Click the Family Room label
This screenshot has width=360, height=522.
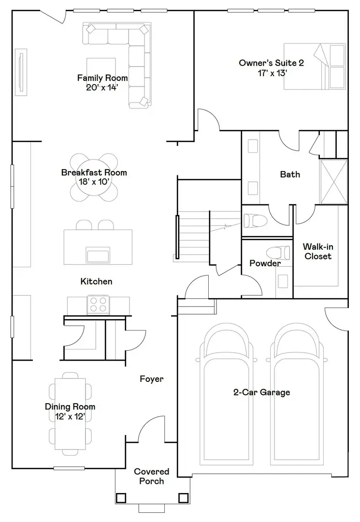(x=102, y=83)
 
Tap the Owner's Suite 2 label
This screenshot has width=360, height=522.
(x=272, y=68)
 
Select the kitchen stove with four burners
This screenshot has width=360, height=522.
(x=98, y=305)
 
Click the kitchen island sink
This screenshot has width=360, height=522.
(x=98, y=255)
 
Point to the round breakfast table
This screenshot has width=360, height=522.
(x=94, y=177)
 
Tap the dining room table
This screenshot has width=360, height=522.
(x=70, y=414)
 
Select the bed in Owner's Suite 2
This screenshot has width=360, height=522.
(x=315, y=66)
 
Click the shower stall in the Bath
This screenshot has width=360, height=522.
(x=333, y=182)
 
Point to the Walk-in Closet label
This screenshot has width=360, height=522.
(x=318, y=251)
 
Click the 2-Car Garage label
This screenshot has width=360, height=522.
(x=261, y=392)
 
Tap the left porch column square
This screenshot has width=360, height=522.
(x=120, y=498)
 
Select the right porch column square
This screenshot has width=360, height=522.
(x=183, y=498)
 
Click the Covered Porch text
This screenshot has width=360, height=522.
(x=151, y=476)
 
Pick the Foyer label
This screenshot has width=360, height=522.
(x=151, y=379)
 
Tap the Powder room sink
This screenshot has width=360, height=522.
(x=283, y=281)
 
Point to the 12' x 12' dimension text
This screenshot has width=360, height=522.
(x=70, y=417)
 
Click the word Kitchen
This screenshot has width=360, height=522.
(x=96, y=281)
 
